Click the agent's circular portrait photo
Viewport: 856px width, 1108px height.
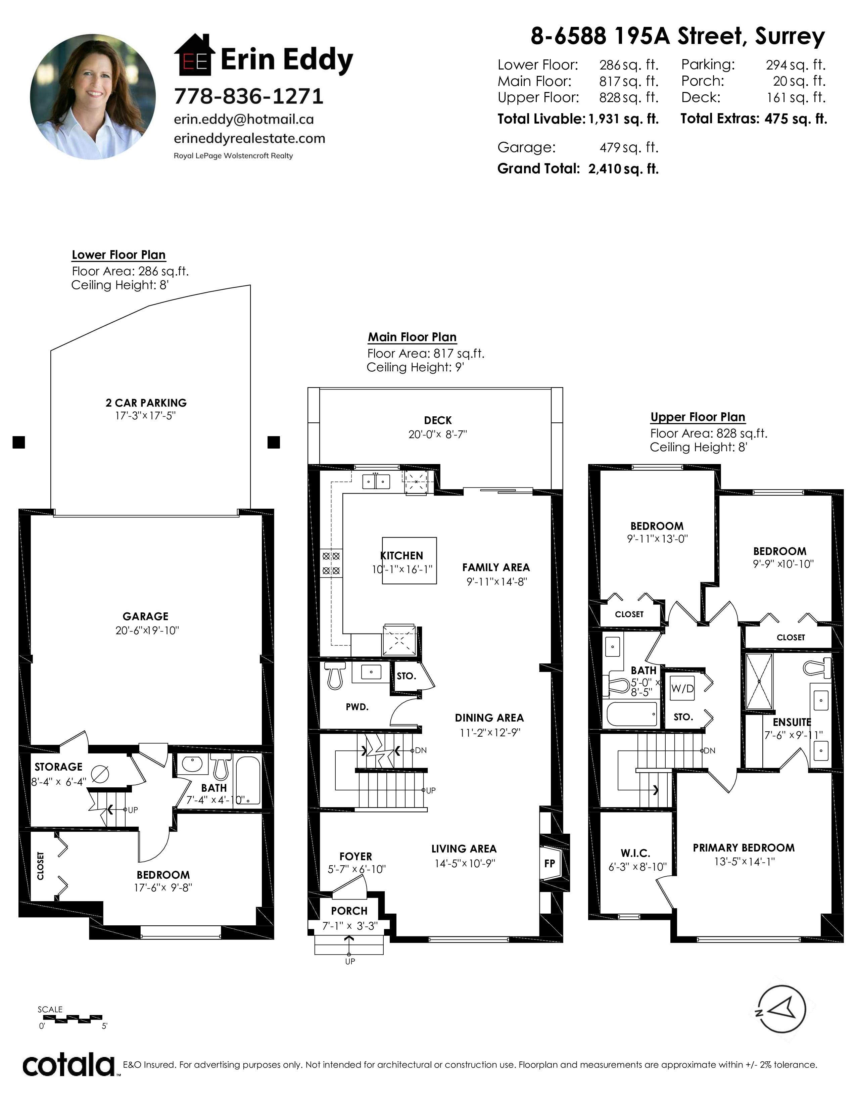pos(93,97)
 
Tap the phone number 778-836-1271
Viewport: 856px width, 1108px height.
pos(248,96)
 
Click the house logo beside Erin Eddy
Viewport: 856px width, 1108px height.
pos(194,55)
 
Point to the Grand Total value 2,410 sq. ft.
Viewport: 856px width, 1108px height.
pos(623,169)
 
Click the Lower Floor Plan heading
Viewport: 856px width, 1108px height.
pos(118,255)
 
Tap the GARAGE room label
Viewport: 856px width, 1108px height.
pos(146,616)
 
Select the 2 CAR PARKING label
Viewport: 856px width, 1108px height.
pos(146,403)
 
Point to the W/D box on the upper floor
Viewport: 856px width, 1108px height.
pos(682,688)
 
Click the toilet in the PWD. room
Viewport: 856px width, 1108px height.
pos(335,675)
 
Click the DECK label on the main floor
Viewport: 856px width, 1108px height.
pos(438,421)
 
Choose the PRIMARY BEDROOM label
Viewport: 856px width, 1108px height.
pos(744,848)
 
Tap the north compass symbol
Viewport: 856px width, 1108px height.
pos(781,1009)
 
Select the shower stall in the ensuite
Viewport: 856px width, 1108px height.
pos(759,681)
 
